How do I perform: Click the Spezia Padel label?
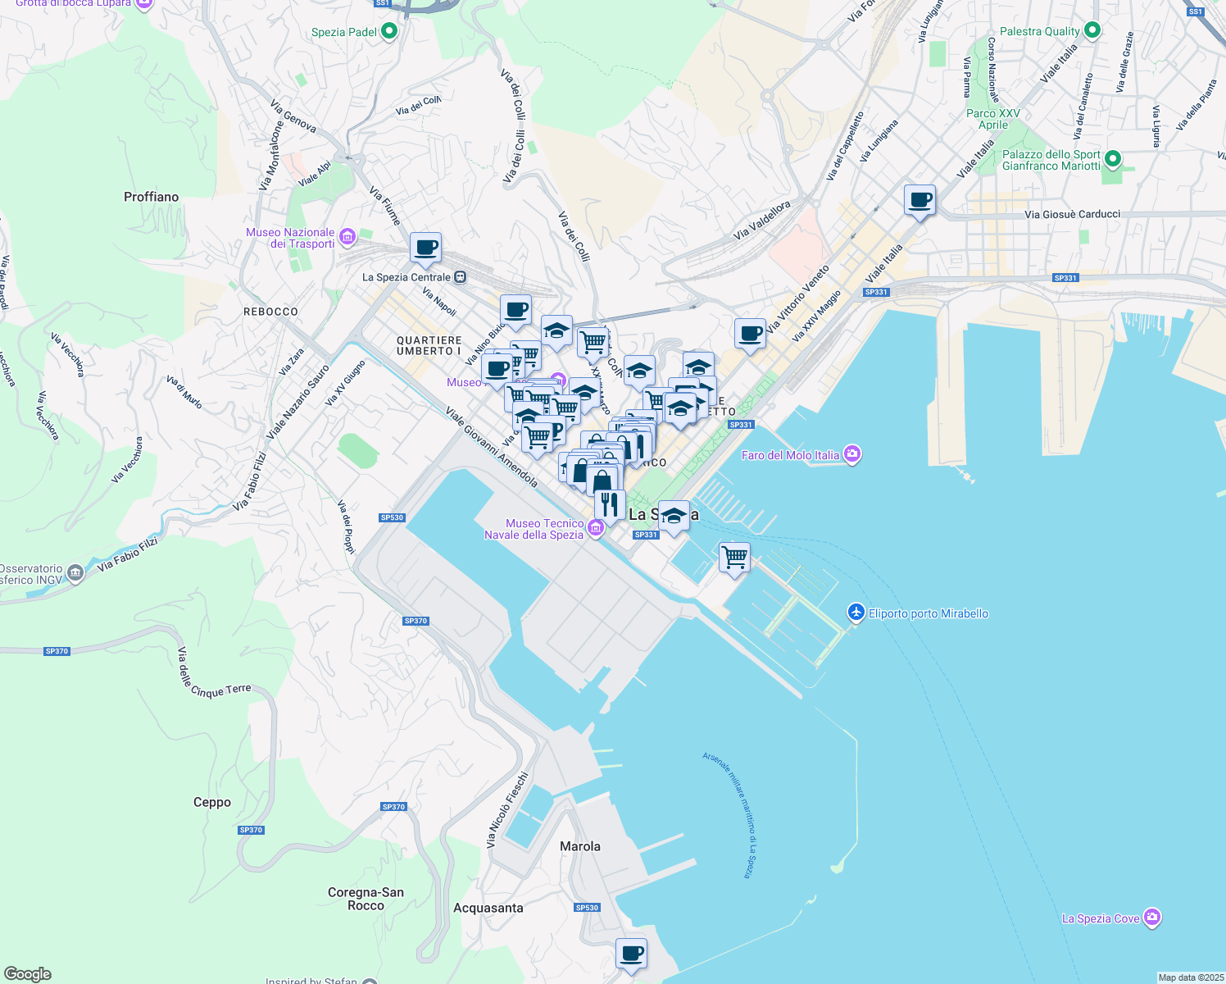pos(344,32)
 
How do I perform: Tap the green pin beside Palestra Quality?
pos(1092,31)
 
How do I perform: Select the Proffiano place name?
pos(151,197)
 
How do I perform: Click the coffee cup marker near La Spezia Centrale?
pos(425,247)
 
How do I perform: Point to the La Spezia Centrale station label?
pos(406,277)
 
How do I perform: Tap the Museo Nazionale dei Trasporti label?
pos(290,238)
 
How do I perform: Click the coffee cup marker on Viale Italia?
pos(919,200)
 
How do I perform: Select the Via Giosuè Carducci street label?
pos(1072,214)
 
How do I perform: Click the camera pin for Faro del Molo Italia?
pos(852,454)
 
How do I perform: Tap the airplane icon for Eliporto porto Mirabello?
pos(856,613)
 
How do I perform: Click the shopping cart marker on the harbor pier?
pos(734,558)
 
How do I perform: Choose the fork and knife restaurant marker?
pos(610,504)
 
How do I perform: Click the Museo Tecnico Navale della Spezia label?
pos(534,529)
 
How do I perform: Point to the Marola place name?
pos(580,846)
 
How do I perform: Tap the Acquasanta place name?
pos(488,908)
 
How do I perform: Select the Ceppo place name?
pos(212,802)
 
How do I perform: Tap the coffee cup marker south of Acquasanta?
pos(631,954)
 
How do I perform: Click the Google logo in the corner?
pos(28,974)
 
